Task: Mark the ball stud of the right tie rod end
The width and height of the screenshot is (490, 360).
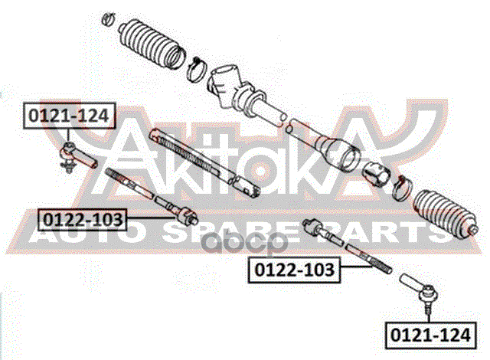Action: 429,307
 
